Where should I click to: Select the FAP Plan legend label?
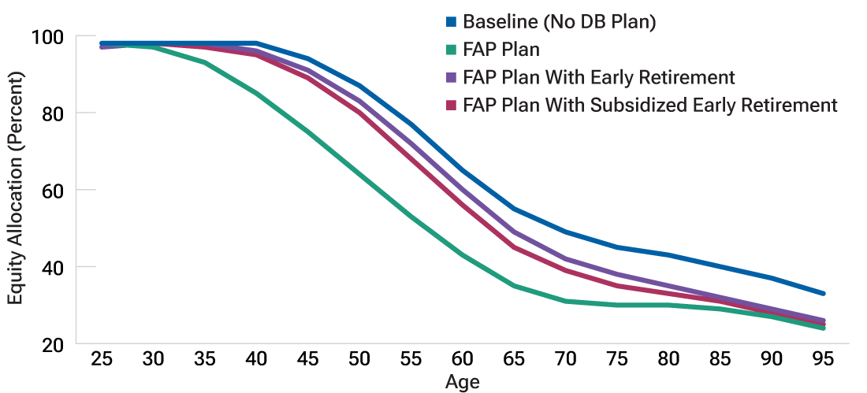pos(501,50)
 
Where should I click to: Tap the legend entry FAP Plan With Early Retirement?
pos(598,77)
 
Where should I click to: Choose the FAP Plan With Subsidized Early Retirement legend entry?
pos(649,105)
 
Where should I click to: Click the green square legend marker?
pos(452,50)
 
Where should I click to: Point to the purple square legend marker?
pos(452,77)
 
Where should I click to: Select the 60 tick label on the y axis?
pos(51,190)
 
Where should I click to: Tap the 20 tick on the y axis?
pos(51,344)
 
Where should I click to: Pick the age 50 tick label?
pos(360,358)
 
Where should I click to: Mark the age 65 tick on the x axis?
pos(515,358)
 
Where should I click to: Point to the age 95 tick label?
pos(824,358)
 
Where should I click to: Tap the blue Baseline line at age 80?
pos(669,255)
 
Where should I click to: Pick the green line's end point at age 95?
pos(824,328)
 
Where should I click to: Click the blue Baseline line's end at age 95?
pos(824,294)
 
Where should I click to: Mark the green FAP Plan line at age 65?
pos(515,286)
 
